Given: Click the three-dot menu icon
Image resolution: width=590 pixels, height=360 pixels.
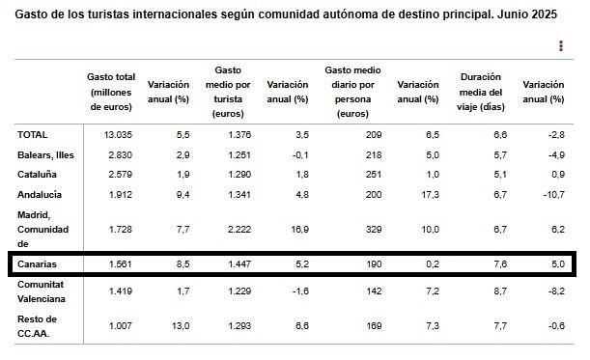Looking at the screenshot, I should (x=561, y=45).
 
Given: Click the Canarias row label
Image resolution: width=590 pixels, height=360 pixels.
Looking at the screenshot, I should (x=39, y=263).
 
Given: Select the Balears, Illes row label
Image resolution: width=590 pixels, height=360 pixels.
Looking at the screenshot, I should (x=46, y=154).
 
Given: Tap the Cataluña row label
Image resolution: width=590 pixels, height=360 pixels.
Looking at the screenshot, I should (x=38, y=175).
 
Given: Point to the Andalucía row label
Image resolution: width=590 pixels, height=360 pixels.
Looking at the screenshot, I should (x=41, y=194).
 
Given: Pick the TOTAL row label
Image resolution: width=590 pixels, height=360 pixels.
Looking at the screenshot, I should (x=33, y=135).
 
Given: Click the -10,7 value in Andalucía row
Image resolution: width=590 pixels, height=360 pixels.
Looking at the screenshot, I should (x=548, y=194).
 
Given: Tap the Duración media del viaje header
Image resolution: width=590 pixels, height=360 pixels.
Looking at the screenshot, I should (x=481, y=92).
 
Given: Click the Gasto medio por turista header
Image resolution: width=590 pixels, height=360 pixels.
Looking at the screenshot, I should (x=229, y=92).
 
